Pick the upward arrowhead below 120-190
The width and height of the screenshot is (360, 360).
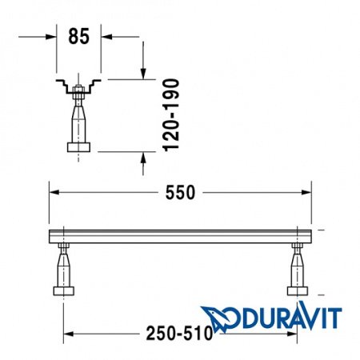click(142, 158)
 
